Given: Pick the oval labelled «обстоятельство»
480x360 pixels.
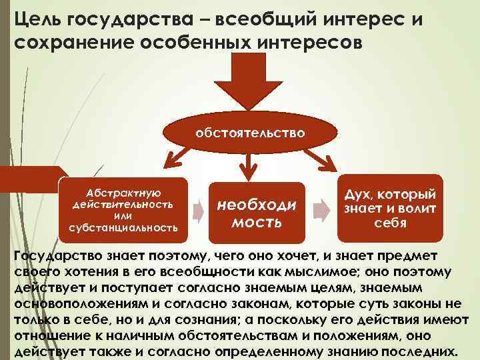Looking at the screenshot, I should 250,133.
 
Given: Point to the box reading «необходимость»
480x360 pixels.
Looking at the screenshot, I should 257,212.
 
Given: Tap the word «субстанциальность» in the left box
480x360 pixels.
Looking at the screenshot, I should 123,228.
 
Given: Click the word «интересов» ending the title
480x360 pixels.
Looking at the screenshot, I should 311,43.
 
